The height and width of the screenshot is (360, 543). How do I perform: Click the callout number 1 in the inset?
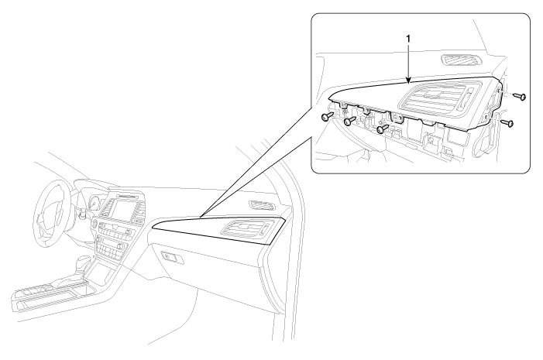click(x=408, y=39)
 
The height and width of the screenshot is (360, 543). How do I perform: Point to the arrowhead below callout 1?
click(x=409, y=81)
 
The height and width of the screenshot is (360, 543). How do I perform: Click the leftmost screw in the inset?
click(x=327, y=117)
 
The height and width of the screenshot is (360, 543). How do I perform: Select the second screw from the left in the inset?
click(x=350, y=121)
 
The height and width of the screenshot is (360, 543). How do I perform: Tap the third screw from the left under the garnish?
click(x=383, y=129)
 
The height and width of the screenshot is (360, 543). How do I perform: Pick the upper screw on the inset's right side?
click(x=520, y=96)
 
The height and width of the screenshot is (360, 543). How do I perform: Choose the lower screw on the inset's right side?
click(x=507, y=122)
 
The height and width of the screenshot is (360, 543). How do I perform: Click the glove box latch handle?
click(x=170, y=257)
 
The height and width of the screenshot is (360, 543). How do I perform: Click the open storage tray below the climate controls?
click(x=101, y=272)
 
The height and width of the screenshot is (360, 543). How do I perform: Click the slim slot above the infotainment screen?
click(x=127, y=196)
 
